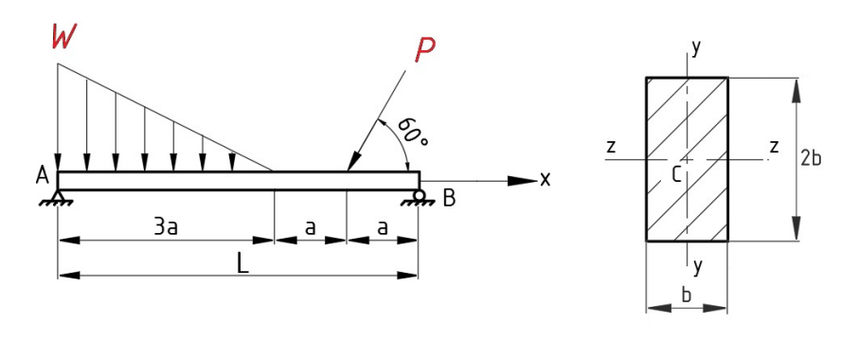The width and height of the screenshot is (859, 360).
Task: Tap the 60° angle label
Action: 412,132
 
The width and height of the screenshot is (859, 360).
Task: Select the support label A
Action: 42,175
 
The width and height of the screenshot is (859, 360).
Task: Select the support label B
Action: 449,198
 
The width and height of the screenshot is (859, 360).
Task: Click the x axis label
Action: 546,179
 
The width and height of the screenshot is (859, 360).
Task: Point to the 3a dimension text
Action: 168,228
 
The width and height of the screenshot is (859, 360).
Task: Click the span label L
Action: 243,264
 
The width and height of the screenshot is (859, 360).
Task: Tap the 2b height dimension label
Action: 811,158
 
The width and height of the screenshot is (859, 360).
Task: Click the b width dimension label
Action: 687,296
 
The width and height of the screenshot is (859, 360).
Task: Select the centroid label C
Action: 676,173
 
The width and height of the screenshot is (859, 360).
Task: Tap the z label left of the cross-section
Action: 612,146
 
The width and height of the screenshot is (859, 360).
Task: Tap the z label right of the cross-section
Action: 774,146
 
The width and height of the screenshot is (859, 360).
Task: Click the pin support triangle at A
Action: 59,197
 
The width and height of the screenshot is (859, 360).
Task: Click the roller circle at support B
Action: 418,196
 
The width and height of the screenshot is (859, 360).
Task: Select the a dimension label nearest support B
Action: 382,228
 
